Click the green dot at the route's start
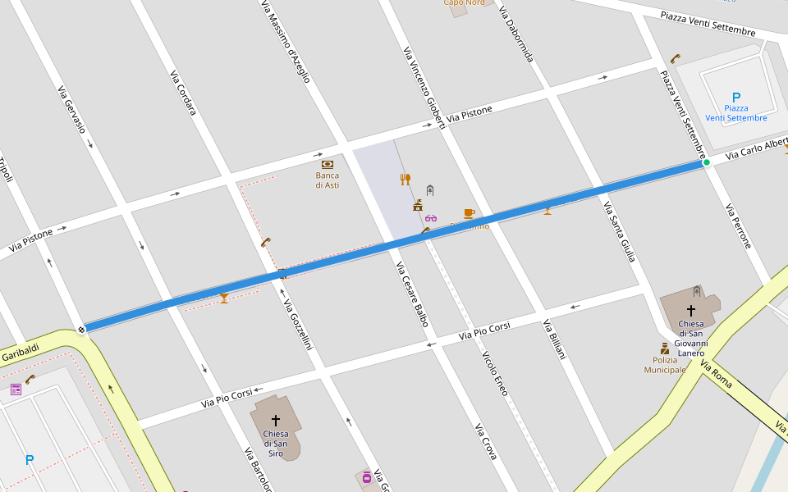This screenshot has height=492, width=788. pos(706,162)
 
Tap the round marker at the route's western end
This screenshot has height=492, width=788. pos(81,330)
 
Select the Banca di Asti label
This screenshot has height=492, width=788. pos(328,180)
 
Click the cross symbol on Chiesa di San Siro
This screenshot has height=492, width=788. pos(276,420)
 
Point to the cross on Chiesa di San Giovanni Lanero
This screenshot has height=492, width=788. pos(691,311)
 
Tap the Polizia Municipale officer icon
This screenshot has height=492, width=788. pos(665,348)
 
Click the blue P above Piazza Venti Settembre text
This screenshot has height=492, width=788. pos(735,98)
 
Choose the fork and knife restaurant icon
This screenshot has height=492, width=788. pos(405,179)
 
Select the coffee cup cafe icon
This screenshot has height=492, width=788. pos(469,213)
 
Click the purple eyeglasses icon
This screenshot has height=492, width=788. pos(431,218)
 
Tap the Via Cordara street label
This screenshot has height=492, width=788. pos(183,93)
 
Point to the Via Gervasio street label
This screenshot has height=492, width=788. pos(71,110)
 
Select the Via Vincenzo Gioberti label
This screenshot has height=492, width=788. pos(424,87)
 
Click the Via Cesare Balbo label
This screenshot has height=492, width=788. pos(412,294)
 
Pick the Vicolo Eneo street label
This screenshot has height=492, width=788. pos(495,374)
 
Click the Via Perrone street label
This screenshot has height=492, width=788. pos(738,226)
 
